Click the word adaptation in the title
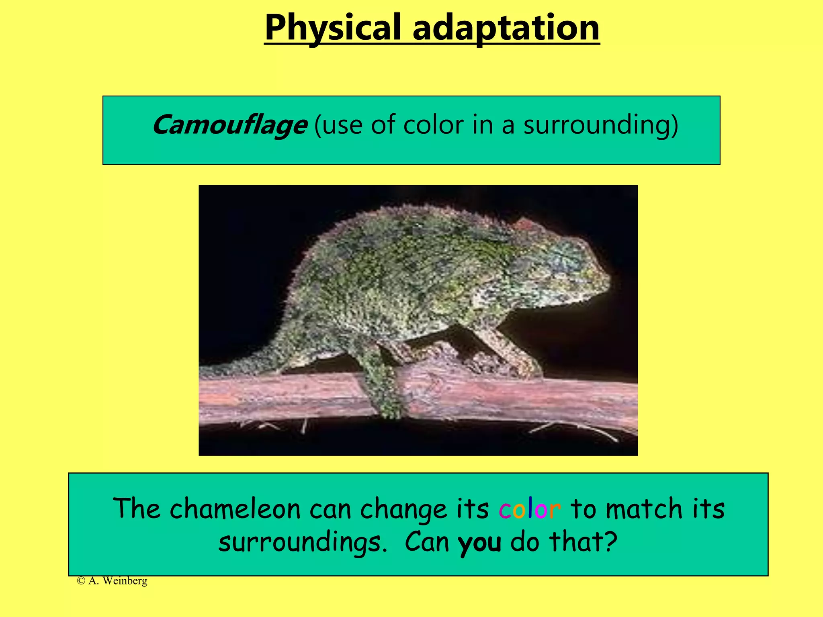pyautogui.click(x=506, y=28)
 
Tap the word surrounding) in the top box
pyautogui.click(x=600, y=125)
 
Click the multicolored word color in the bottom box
pyautogui.click(x=530, y=509)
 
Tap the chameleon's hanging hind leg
pyautogui.click(x=382, y=386)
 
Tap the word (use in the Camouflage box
pyautogui.click(x=338, y=125)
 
